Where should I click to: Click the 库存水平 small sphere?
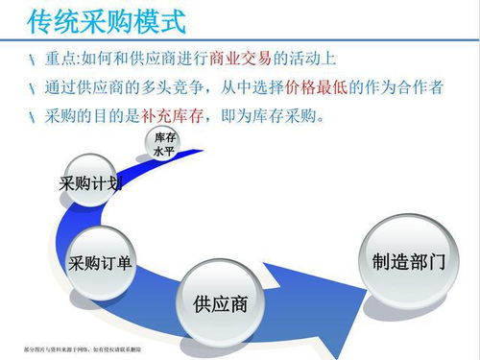coord(164,147)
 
